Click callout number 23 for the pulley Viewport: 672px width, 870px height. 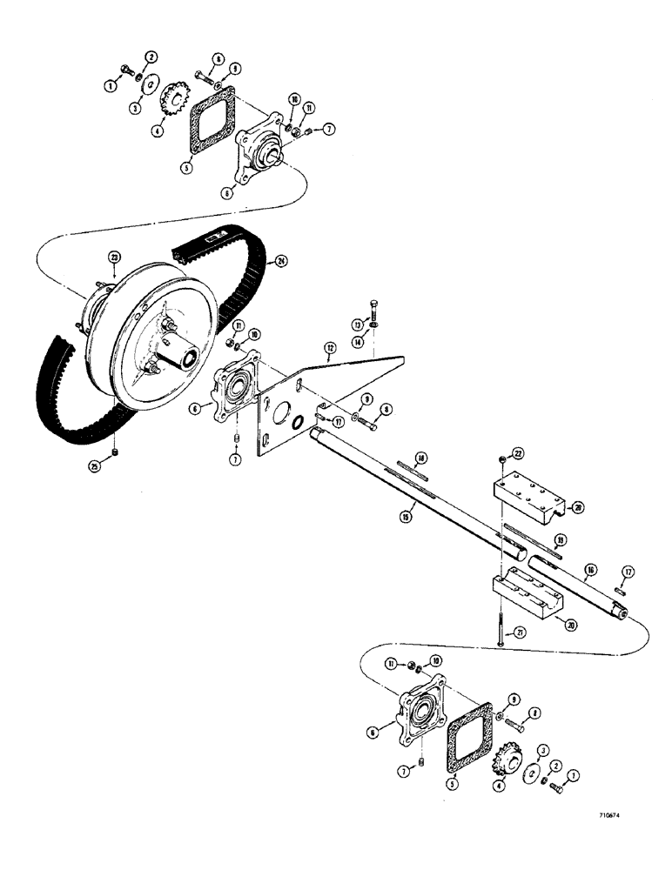[x=114, y=257]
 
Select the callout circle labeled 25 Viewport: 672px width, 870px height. [x=97, y=467]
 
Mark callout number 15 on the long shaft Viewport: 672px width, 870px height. [x=406, y=516]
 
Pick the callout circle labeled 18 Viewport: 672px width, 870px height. [x=420, y=457]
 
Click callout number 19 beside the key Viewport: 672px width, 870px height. [x=560, y=540]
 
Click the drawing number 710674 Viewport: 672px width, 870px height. [x=615, y=817]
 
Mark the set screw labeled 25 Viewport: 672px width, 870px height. [x=116, y=453]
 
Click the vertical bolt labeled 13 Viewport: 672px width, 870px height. [x=374, y=306]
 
